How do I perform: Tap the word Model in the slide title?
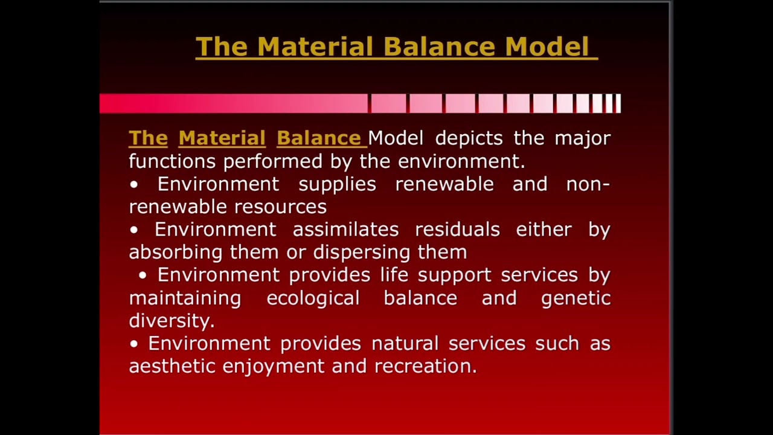coord(547,47)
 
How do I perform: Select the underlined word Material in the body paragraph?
coord(222,138)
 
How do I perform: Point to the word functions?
coord(172,161)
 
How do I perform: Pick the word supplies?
coord(337,184)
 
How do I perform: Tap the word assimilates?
coord(345,230)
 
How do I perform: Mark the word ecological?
coord(313,298)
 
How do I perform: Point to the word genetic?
coord(576,298)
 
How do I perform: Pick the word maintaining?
coord(185,298)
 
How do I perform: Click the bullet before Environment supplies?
coord(134,184)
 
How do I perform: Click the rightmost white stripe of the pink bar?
coord(617,104)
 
